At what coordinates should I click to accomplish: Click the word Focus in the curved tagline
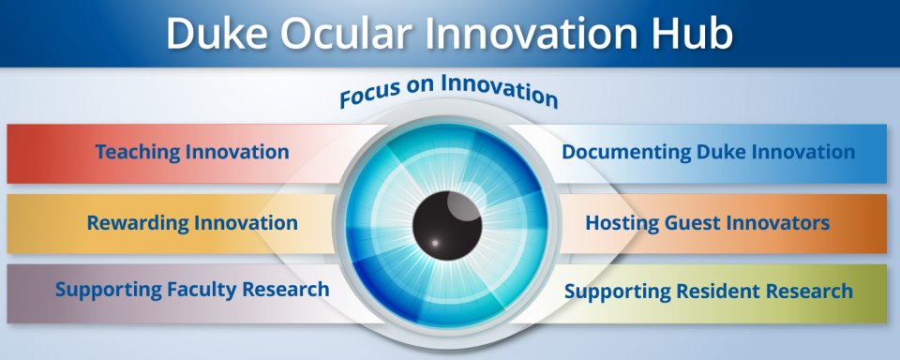click(368, 97)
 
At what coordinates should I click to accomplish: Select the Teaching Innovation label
click(191, 152)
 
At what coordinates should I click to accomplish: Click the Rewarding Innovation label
click(191, 223)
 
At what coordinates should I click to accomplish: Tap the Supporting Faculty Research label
click(191, 289)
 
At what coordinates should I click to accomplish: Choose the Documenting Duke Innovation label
click(708, 152)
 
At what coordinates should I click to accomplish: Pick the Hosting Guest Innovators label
click(708, 223)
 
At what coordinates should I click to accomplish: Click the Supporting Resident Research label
click(708, 291)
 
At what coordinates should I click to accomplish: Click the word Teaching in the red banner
click(139, 152)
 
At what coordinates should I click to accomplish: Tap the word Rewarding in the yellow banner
click(137, 223)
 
